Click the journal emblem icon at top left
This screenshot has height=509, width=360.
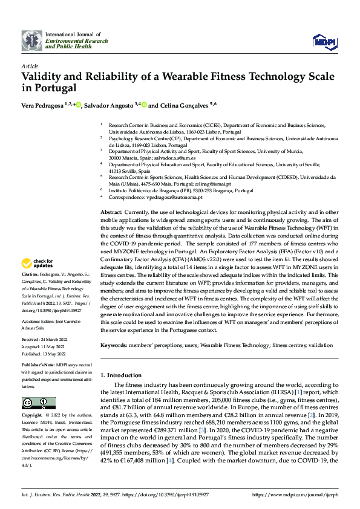tap(31, 40)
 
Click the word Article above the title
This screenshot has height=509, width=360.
tap(30, 66)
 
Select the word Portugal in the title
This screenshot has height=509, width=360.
tap(53, 88)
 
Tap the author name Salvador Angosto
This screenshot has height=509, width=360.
tap(109, 106)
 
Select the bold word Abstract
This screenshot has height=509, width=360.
tap(111, 213)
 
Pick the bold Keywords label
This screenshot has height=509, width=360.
tap(114, 345)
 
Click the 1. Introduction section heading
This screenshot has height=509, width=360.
tap(122, 375)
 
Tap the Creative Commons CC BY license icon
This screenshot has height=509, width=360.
tap(38, 403)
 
